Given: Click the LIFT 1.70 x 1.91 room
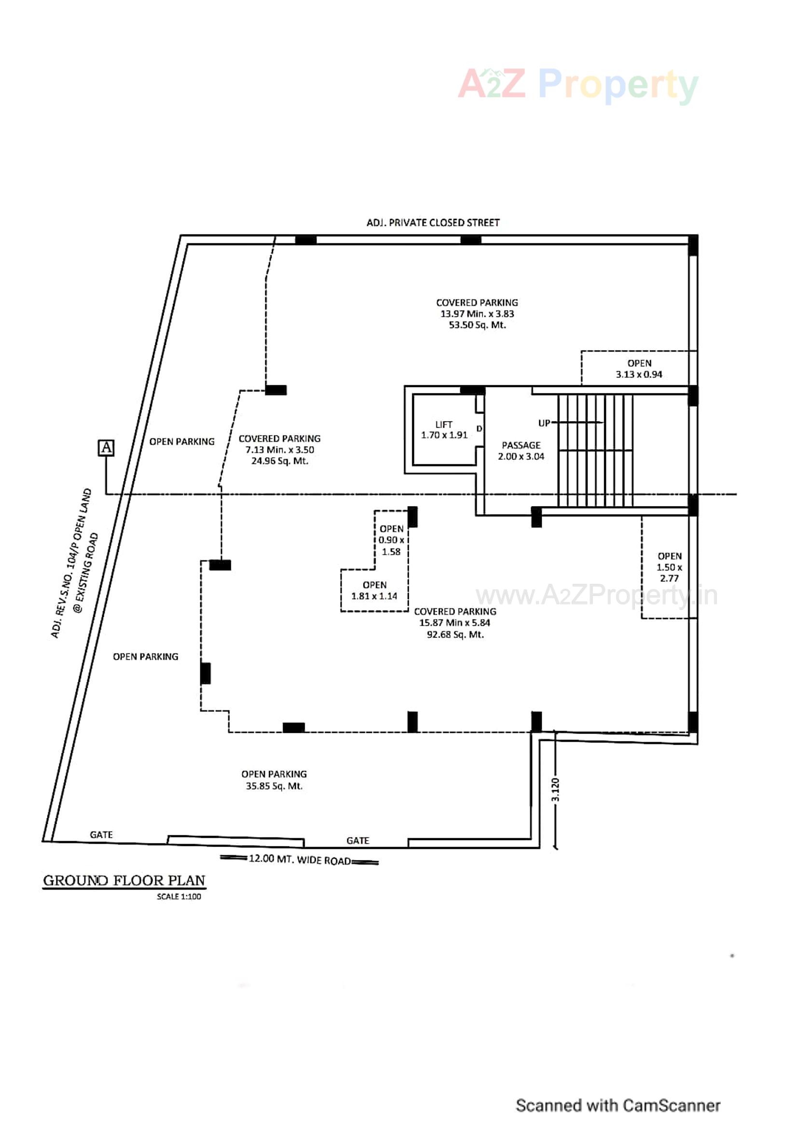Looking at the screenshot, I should point(444,430).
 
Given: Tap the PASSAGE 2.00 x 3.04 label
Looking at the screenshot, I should point(521,451).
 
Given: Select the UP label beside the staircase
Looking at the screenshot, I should point(544,423).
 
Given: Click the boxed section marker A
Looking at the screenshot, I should point(106,448).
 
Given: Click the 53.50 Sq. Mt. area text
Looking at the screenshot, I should point(477,325).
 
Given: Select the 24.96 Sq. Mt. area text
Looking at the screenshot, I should point(280,461).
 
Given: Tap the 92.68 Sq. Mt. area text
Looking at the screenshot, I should point(455,635).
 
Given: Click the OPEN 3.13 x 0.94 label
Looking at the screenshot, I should point(639,369).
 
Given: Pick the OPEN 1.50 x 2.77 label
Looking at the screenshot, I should point(669,567).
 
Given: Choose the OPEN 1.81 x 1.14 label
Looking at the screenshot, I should point(374,591).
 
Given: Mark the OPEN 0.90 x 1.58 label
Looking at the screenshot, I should point(391,540).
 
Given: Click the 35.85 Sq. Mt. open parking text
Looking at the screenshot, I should point(274,786).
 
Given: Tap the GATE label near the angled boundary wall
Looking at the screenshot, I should point(101,834).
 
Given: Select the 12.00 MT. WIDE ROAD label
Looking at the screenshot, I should point(299,859).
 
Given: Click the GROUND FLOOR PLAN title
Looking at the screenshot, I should point(124,880).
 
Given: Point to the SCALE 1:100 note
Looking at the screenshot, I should point(179,896).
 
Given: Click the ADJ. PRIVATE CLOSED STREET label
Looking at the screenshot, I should point(433,223).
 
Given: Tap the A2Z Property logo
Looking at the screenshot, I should point(578,85).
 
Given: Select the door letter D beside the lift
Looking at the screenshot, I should point(479,429).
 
